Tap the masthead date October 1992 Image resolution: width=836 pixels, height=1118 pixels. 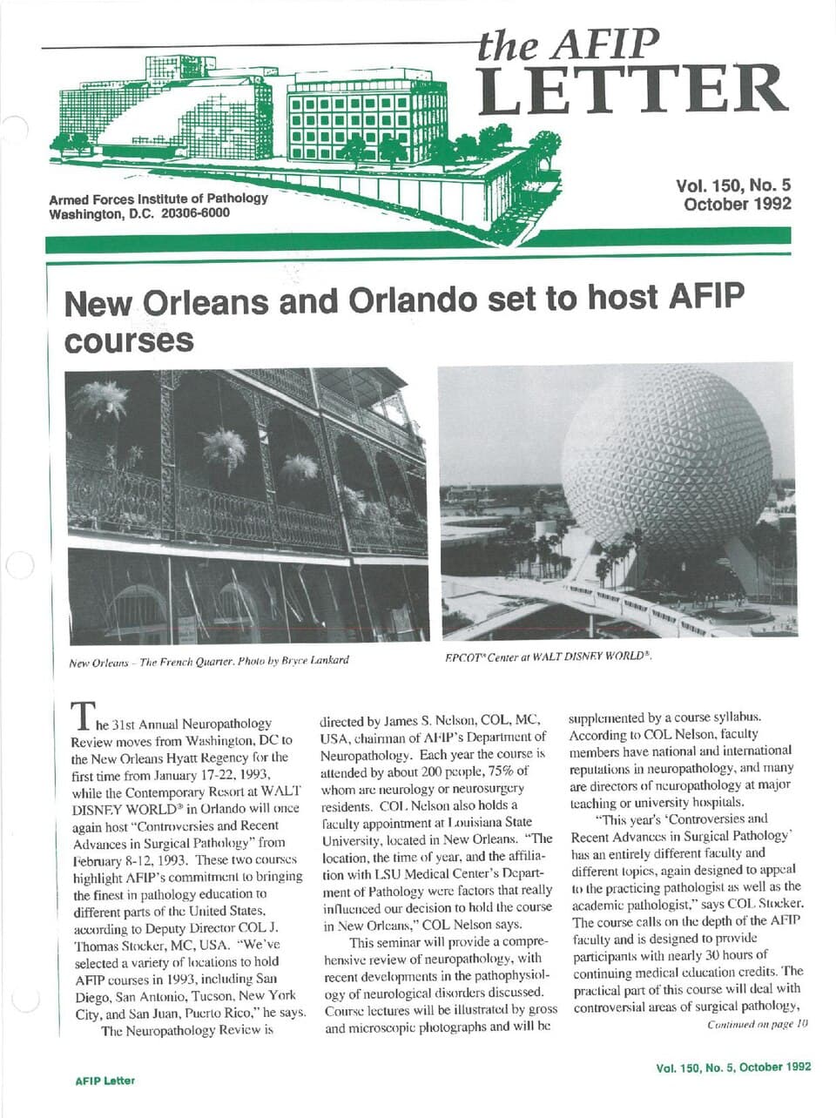tap(737, 204)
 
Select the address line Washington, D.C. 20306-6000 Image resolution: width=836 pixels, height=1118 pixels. tap(139, 213)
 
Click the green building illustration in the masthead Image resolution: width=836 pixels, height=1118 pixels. tap(287, 122)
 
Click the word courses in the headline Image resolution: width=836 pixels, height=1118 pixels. tap(129, 340)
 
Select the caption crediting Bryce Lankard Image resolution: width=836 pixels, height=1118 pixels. tap(208, 660)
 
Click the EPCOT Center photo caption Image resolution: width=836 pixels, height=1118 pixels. tap(548, 656)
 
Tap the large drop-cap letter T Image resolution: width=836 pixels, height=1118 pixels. tap(81, 717)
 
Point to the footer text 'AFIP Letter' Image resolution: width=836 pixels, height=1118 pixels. tap(104, 1081)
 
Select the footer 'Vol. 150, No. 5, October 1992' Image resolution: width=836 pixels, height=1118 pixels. tap(733, 1067)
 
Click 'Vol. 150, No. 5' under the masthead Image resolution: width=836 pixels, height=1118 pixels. tap(732, 185)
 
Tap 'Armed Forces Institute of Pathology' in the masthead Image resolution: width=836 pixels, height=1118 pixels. tap(158, 199)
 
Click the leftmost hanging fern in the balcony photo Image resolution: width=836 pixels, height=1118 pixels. tap(102, 401)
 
